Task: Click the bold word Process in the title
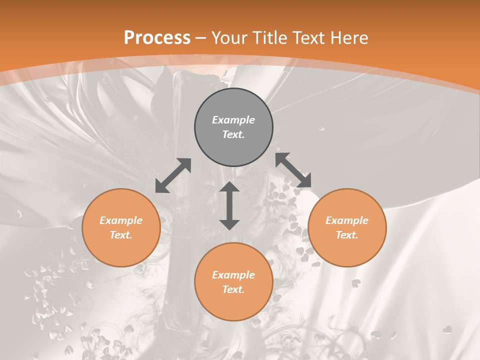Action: point(157,38)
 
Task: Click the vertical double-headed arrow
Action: point(229,205)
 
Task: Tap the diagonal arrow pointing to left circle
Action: point(173,175)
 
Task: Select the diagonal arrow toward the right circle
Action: point(293,170)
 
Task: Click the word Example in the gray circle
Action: point(233,120)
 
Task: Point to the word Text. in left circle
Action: point(121,235)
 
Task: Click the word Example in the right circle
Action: point(347,220)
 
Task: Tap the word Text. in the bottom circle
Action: point(233,289)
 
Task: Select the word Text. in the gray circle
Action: point(233,134)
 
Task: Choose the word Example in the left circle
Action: point(121,220)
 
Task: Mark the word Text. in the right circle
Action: point(347,235)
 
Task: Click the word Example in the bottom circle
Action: point(233,275)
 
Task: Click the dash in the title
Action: point(201,38)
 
